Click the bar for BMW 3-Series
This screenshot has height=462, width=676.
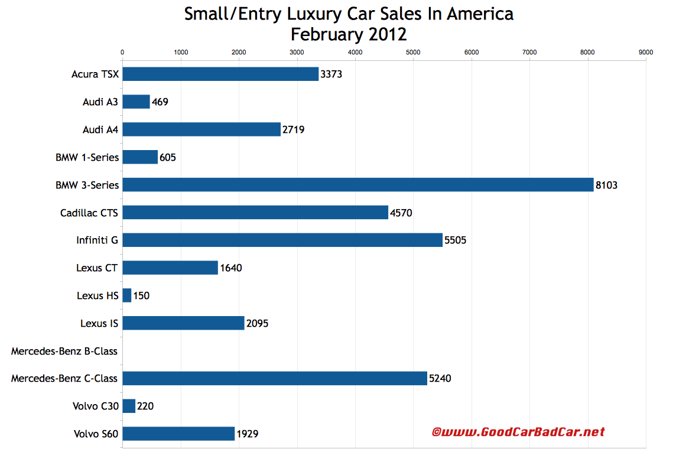pyautogui.click(x=357, y=185)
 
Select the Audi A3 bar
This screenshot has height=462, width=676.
pyautogui.click(x=136, y=102)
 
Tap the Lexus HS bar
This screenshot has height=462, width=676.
pyautogui.click(x=126, y=295)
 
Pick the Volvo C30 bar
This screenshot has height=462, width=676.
pyautogui.click(x=129, y=406)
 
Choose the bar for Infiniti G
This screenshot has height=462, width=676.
pyautogui.click(x=282, y=240)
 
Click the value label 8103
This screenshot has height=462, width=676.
pyautogui.click(x=606, y=185)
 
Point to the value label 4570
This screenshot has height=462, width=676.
pyautogui.click(x=401, y=213)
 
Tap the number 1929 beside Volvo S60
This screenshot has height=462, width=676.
pyautogui.click(x=248, y=434)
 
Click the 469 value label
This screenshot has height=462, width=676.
pyautogui.click(x=160, y=102)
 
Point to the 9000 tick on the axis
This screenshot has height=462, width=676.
pyautogui.click(x=646, y=53)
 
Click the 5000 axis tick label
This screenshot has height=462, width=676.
pyautogui.click(x=413, y=53)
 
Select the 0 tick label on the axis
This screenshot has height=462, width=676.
pyautogui.click(x=122, y=53)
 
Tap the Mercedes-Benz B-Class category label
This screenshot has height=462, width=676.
pyautogui.click(x=64, y=351)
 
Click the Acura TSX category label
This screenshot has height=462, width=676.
pyautogui.click(x=95, y=74)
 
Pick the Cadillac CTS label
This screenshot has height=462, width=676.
pyautogui.click(x=89, y=213)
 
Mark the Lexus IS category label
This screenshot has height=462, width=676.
pyautogui.click(x=99, y=323)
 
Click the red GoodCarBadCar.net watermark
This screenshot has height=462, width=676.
pyautogui.click(x=518, y=432)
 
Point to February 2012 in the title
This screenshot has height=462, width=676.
pyautogui.click(x=349, y=34)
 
